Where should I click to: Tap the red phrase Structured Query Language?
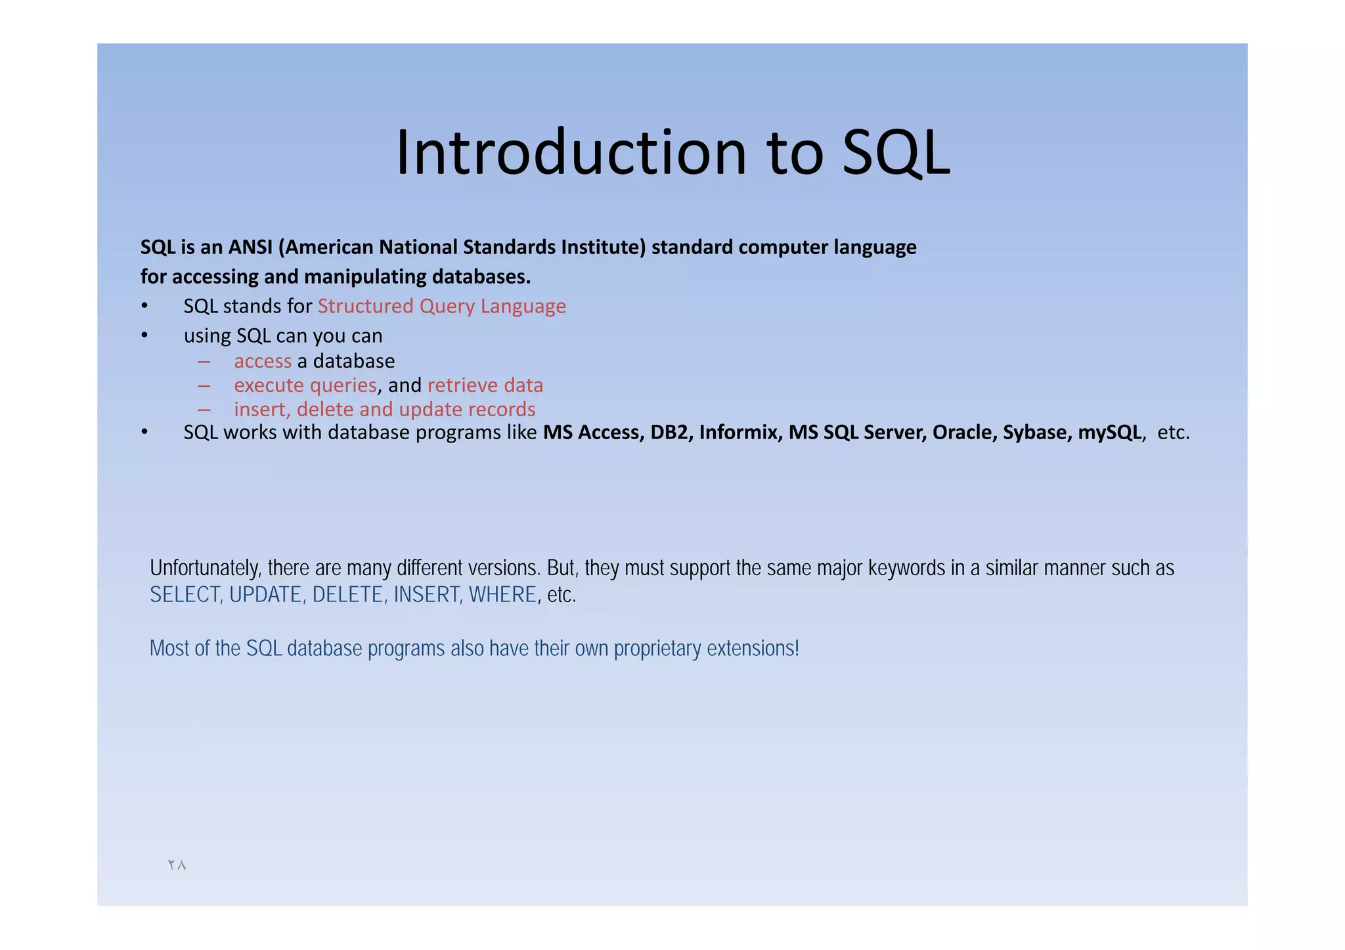(x=441, y=307)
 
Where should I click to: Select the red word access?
(x=262, y=361)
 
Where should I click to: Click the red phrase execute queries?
(x=305, y=385)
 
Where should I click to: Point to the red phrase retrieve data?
(x=485, y=385)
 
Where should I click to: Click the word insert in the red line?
(x=261, y=410)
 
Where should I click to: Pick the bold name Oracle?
(x=964, y=433)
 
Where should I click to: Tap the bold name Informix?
(x=740, y=433)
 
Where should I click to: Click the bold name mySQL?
(x=1109, y=433)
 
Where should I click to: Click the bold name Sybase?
(x=1036, y=433)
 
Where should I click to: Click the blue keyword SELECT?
(x=185, y=595)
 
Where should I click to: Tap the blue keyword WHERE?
(x=502, y=595)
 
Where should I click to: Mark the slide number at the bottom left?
(x=177, y=865)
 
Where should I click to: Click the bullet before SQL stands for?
(x=144, y=307)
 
